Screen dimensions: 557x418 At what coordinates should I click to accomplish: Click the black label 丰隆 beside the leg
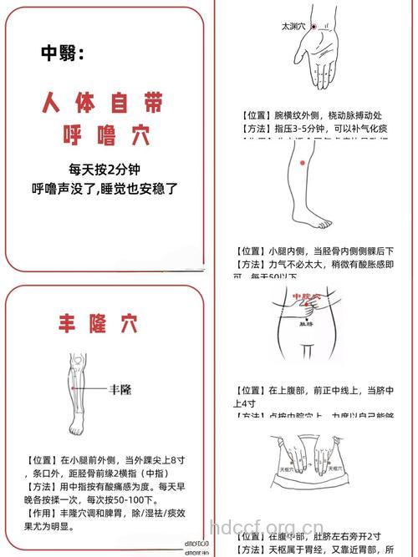120,389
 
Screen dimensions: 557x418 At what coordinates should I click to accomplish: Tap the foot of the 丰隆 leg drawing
78,428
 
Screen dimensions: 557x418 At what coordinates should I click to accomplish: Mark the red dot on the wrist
314,27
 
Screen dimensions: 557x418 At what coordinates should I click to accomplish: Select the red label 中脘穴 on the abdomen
308,296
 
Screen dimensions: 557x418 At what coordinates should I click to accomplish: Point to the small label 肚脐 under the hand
307,326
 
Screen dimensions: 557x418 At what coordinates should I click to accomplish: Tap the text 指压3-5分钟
303,129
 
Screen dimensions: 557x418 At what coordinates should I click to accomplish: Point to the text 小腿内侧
289,251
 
